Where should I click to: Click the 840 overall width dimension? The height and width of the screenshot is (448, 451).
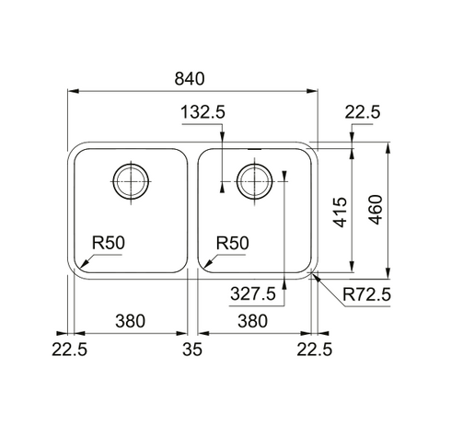pyautogui.click(x=190, y=78)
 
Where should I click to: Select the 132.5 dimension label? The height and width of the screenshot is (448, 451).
pyautogui.click(x=202, y=112)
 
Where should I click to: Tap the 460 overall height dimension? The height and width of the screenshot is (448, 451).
pyautogui.click(x=376, y=210)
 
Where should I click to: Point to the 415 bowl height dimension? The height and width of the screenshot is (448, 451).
pyautogui.click(x=341, y=213)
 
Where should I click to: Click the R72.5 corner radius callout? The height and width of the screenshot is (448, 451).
pyautogui.click(x=366, y=294)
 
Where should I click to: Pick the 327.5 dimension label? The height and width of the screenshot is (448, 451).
pyautogui.click(x=253, y=293)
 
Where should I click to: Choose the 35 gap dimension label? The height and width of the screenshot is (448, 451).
pyautogui.click(x=192, y=350)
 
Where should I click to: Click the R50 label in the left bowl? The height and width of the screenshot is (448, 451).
pyautogui.click(x=109, y=243)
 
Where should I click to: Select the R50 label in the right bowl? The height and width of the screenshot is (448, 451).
pyautogui.click(x=233, y=243)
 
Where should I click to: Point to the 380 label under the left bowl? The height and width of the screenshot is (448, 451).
pyautogui.click(x=130, y=321)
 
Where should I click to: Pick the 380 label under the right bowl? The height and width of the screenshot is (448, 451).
pyautogui.click(x=253, y=321)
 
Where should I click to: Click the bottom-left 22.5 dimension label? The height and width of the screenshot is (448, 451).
pyautogui.click(x=69, y=350)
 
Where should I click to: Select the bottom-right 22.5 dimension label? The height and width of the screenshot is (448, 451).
pyautogui.click(x=315, y=350)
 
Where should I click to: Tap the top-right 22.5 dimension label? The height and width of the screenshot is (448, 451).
pyautogui.click(x=363, y=112)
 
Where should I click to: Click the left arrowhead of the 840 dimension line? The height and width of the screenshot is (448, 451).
pyautogui.click(x=74, y=91)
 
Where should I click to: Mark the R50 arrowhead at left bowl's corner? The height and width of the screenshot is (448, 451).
pyautogui.click(x=83, y=263)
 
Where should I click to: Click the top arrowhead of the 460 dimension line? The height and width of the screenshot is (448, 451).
pyautogui.click(x=388, y=148)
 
